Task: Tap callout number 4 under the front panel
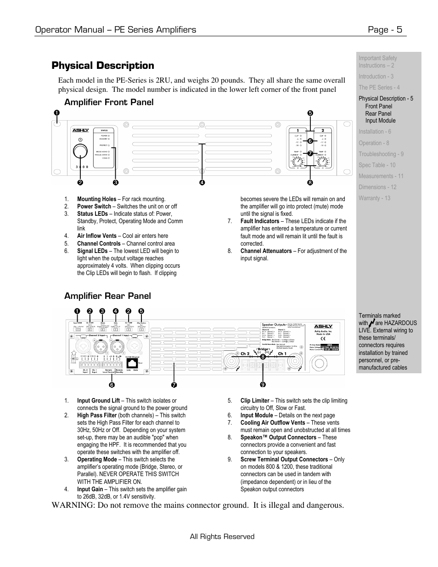pos(202,183)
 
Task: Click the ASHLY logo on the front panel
pos(80,130)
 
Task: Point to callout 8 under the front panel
pos(310,183)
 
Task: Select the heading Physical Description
pos(103,66)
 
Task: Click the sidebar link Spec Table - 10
pos(377,165)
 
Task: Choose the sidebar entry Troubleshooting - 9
pos(381,154)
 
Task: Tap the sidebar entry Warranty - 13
pos(375,198)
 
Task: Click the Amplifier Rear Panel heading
pos(107,296)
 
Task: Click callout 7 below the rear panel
pos(174,384)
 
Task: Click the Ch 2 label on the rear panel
pos(245,354)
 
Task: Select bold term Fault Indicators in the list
pos(260,221)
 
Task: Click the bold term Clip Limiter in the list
pos(255,401)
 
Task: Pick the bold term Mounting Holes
pos(96,199)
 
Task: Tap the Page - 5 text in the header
pos(385,30)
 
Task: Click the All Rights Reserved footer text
pos(222,537)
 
